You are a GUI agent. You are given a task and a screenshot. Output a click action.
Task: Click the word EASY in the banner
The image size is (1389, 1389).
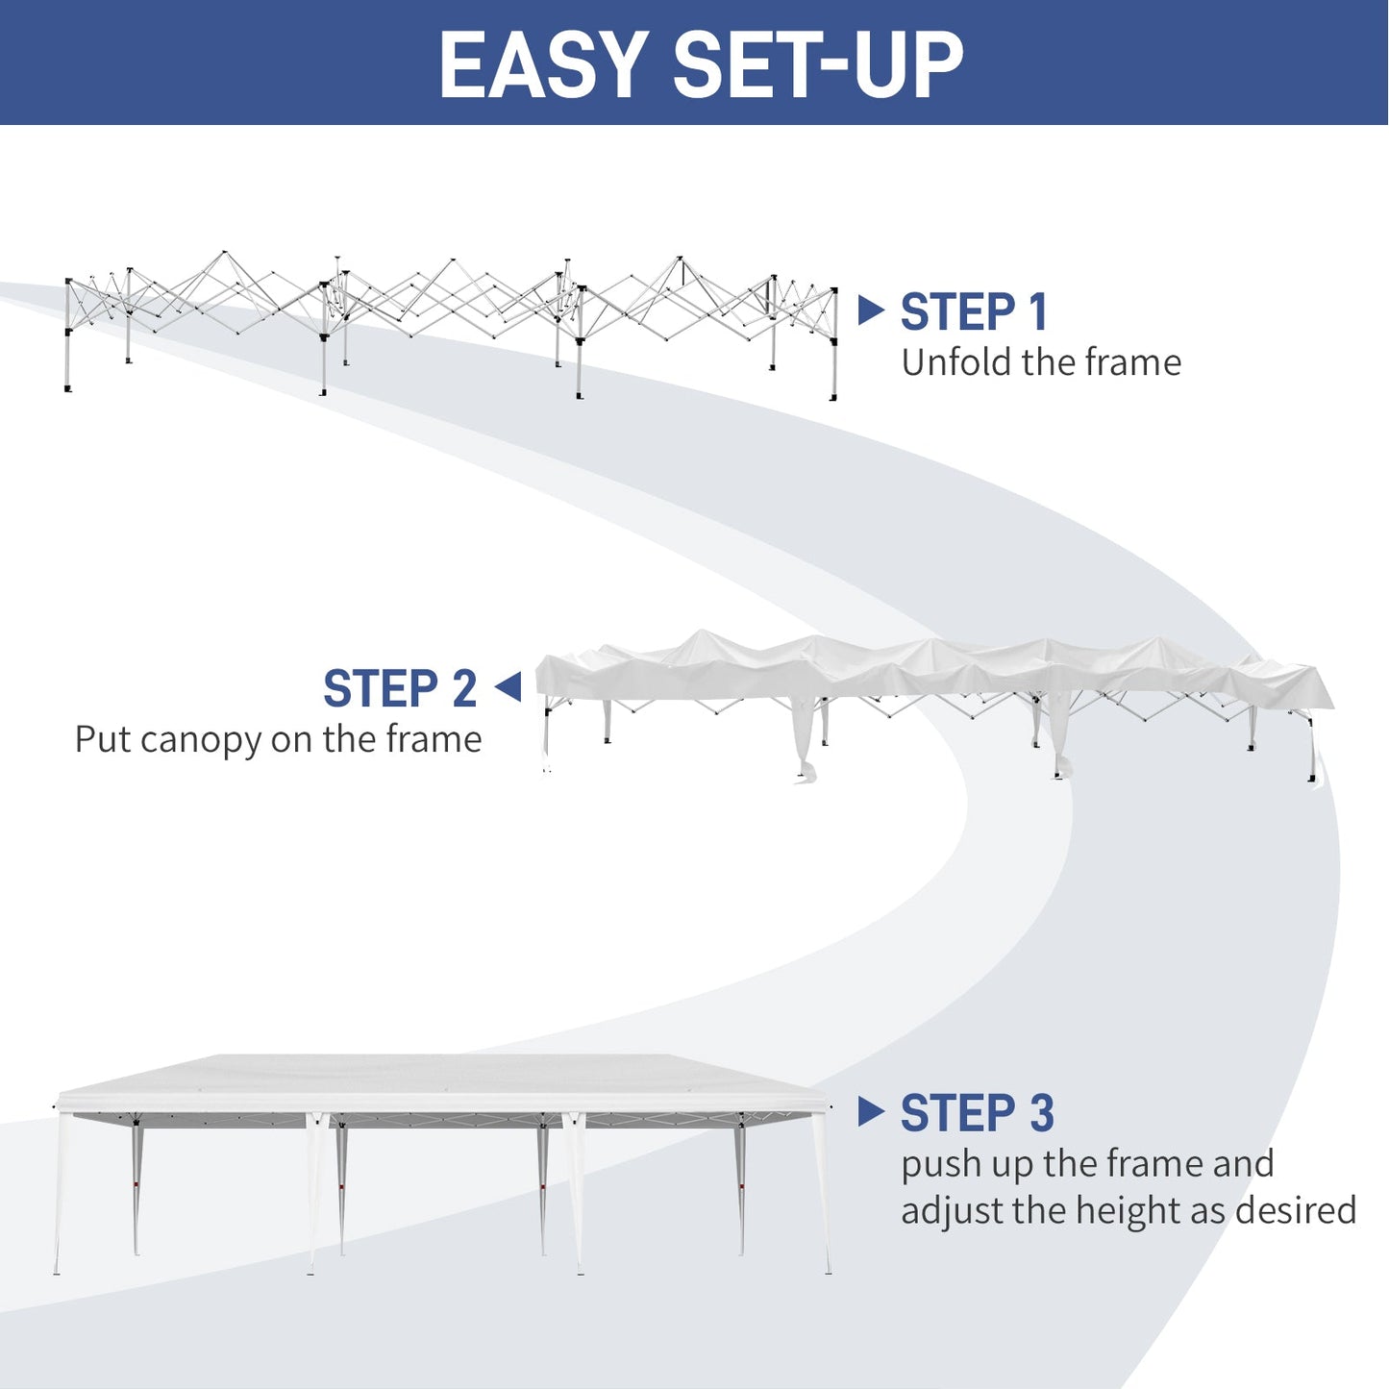click(x=543, y=65)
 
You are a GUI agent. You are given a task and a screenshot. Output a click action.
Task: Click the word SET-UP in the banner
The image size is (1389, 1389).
click(x=817, y=65)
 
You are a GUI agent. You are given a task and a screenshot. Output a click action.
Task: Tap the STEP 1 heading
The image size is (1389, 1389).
click(x=973, y=312)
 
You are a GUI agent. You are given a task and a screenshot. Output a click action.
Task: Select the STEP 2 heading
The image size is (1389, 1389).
click(x=400, y=689)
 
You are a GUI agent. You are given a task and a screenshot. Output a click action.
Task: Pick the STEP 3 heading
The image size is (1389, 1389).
click(x=977, y=1114)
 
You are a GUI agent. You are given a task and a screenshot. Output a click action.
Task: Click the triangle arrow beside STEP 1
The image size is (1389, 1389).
click(x=870, y=310)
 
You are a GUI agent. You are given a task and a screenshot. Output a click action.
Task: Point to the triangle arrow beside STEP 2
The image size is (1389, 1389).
click(x=508, y=687)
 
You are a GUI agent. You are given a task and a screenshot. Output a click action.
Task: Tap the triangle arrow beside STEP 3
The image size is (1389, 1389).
click(x=870, y=1111)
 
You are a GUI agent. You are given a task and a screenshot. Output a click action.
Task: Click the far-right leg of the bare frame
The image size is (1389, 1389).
click(x=833, y=356)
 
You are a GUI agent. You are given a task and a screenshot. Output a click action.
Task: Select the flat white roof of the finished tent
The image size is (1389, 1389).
click(x=442, y=1077)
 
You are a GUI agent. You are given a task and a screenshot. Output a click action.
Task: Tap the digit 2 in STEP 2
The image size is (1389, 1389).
click(x=464, y=689)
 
